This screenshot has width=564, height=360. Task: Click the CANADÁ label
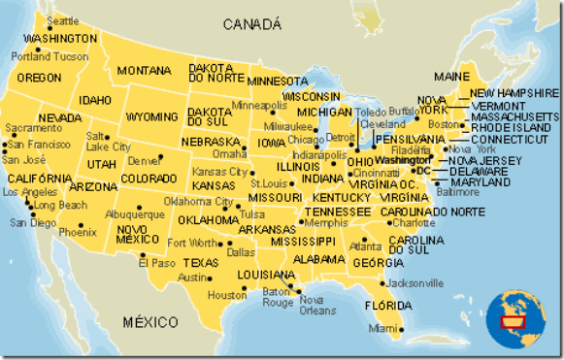click(250, 23)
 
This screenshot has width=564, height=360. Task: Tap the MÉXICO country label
click(150, 320)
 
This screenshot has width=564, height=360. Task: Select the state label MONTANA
click(144, 71)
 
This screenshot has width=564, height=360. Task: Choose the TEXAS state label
click(202, 263)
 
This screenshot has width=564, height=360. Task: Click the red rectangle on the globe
click(511, 321)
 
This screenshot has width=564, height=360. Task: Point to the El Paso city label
click(156, 263)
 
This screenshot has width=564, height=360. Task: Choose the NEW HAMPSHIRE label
click(514, 93)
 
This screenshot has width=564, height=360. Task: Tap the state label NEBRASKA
click(210, 141)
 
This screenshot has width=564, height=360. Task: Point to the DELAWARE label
click(479, 171)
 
